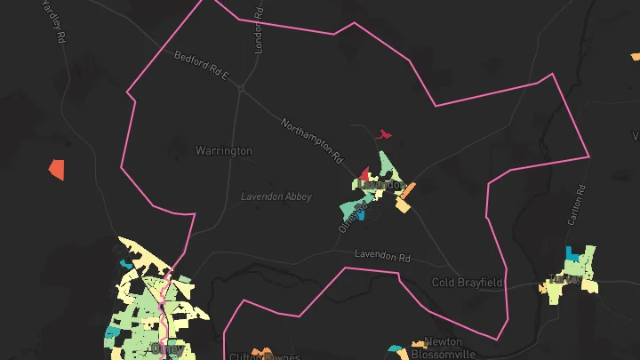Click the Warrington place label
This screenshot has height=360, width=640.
(224, 151)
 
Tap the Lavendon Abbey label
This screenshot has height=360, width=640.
(276, 196)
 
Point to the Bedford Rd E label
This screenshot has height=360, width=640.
(202, 68)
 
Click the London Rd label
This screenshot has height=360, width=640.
(259, 28)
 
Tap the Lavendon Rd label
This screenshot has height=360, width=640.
(382, 256)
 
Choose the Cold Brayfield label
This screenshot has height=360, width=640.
(468, 283)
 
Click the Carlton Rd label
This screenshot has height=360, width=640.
(580, 204)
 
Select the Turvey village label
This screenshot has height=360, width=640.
(565, 278)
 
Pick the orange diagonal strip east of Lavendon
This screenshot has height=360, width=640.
(407, 190)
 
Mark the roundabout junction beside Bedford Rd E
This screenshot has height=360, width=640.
(241, 88)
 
